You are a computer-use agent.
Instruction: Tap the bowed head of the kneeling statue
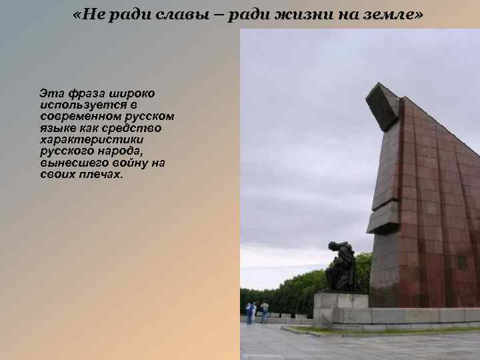tap(333, 247)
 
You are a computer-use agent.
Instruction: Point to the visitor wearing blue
tap(250, 311)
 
